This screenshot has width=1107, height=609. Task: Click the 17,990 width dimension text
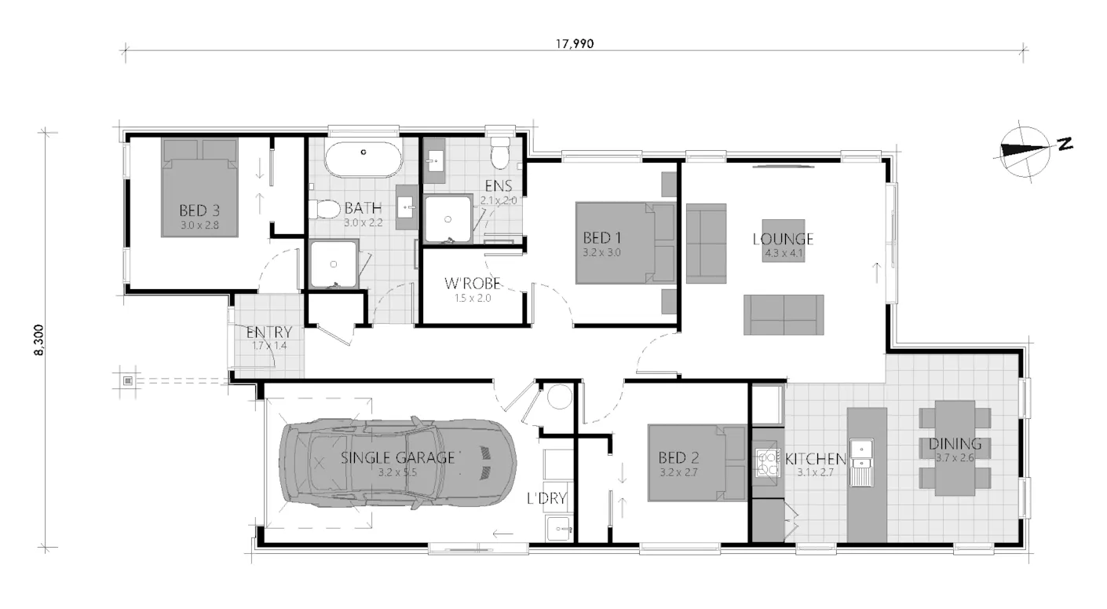[x=575, y=44]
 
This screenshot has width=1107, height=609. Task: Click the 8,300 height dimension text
[x=39, y=340]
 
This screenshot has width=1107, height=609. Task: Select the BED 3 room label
[x=199, y=211]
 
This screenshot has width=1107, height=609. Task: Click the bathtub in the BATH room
[x=364, y=160]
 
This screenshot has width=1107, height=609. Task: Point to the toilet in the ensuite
[x=500, y=152]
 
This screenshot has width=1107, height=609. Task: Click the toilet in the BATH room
[x=322, y=209]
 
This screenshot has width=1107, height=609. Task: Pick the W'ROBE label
[x=473, y=284]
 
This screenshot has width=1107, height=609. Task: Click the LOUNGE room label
[x=783, y=240]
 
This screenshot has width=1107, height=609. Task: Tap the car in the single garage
[x=398, y=463]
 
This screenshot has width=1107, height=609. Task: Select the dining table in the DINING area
[x=955, y=448]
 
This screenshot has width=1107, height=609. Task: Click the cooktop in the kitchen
[x=768, y=463]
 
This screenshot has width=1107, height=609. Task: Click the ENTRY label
[x=269, y=332]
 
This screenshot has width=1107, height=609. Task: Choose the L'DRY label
[x=546, y=498]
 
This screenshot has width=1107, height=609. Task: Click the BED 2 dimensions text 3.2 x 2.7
[x=678, y=472]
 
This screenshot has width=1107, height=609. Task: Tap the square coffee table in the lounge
[x=784, y=240]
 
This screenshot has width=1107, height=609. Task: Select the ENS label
[x=498, y=186]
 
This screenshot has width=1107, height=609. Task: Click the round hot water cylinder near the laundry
[x=560, y=397]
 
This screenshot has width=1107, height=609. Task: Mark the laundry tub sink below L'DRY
[x=559, y=528]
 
